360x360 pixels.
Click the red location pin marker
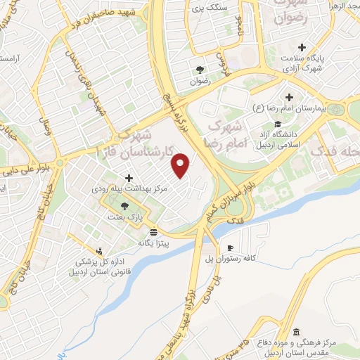[182, 165]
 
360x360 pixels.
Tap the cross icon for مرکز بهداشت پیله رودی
[128, 179]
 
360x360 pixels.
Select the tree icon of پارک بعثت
[125, 206]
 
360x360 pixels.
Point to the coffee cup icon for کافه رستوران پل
[230, 248]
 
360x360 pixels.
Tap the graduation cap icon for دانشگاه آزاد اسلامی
[289, 124]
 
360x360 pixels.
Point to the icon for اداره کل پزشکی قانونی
[100, 250]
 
